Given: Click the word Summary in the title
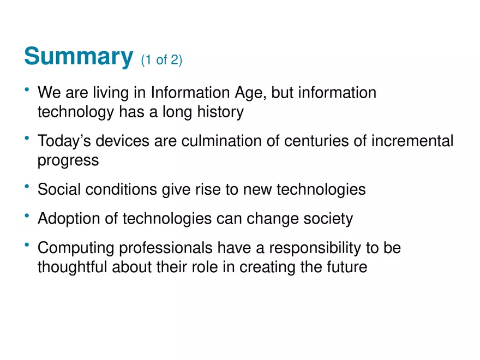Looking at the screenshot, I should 79,56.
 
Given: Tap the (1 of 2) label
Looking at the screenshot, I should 161,60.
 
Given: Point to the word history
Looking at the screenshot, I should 217,112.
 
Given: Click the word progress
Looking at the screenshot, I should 68,161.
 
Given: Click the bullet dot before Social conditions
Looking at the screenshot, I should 27,187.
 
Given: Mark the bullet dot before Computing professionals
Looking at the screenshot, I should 27,245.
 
